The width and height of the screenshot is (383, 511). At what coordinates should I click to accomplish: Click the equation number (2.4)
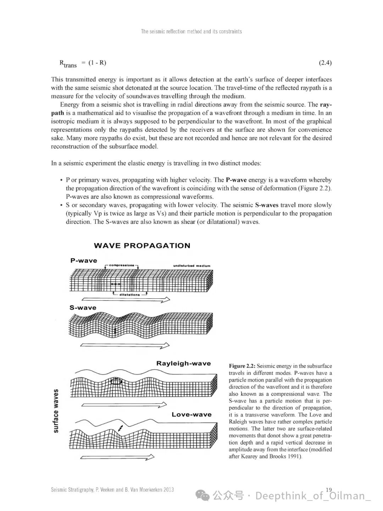tap(325, 63)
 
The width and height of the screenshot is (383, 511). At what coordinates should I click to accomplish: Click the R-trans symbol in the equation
tap(68, 64)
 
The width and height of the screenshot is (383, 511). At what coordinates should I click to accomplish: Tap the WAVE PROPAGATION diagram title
tap(142, 245)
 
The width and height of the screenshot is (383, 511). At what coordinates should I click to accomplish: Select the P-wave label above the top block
tap(84, 260)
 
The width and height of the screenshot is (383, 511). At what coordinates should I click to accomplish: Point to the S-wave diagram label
tap(83, 308)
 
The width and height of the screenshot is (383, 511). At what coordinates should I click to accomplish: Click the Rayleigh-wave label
tap(183, 363)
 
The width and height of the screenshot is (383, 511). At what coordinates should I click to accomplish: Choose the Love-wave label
tap(191, 414)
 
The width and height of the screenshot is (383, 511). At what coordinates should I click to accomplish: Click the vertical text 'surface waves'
tap(56, 411)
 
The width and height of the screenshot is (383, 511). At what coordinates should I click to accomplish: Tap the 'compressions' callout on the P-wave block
tap(122, 265)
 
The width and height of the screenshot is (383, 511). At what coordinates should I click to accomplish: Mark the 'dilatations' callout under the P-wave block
tap(130, 294)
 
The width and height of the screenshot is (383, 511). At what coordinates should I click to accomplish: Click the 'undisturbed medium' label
tap(191, 266)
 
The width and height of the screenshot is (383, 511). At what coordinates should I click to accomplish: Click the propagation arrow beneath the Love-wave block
tap(117, 457)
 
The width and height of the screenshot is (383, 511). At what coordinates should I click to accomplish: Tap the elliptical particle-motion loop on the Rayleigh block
tap(116, 382)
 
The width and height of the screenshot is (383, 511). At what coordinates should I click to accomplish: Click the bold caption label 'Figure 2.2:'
tap(242, 366)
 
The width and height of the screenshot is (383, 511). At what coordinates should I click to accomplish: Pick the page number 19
tap(329, 490)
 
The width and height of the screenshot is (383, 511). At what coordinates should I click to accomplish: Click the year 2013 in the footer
tap(168, 490)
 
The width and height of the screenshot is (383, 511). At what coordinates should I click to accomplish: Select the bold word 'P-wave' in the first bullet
tap(236, 180)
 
